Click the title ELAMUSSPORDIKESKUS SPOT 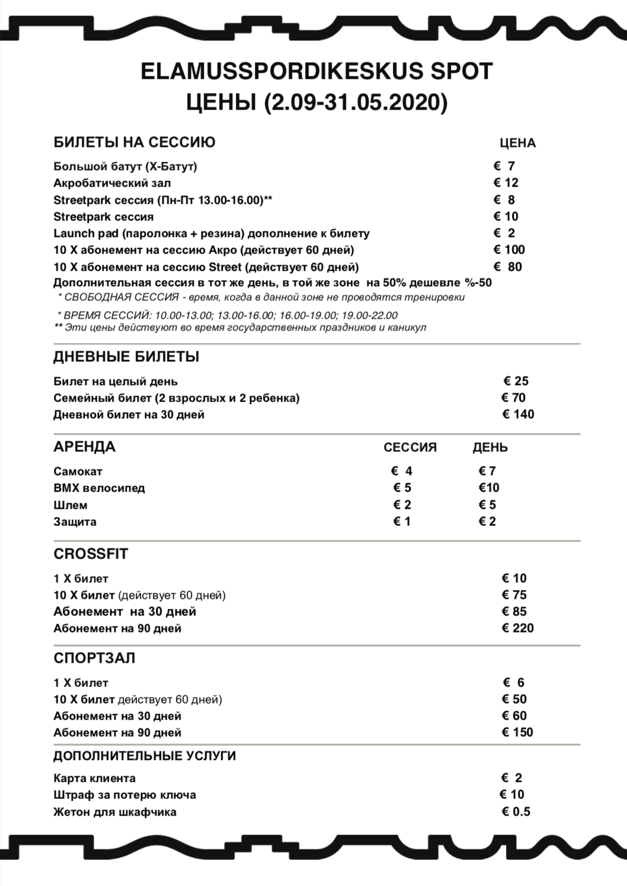click(x=316, y=72)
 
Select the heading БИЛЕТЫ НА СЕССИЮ click(x=135, y=142)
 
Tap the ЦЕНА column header click(x=517, y=143)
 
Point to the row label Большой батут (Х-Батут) click(x=125, y=166)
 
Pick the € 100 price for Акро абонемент click(x=509, y=249)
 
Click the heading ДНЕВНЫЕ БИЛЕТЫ click(x=126, y=357)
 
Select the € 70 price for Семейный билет click(x=513, y=397)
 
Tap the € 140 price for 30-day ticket click(x=518, y=414)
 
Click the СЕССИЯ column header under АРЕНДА click(x=410, y=447)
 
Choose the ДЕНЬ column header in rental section click(x=490, y=447)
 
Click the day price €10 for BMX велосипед click(x=489, y=487)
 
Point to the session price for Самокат click(x=402, y=471)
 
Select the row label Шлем click(x=71, y=505)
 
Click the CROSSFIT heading click(x=91, y=554)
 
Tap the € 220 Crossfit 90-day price click(x=517, y=628)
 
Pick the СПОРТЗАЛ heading click(x=94, y=658)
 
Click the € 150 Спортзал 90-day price click(x=517, y=732)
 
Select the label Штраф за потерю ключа click(x=124, y=795)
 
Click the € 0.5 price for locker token click(x=516, y=811)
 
